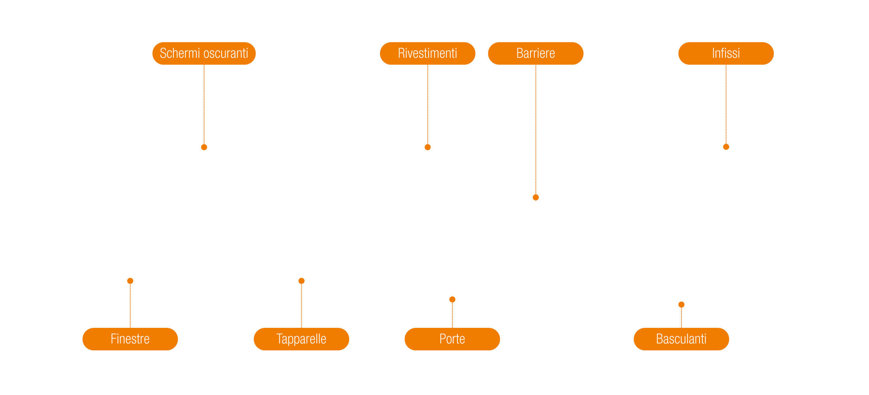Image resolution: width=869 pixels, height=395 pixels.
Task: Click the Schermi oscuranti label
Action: [x=204, y=53]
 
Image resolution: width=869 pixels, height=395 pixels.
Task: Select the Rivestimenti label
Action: [x=427, y=53]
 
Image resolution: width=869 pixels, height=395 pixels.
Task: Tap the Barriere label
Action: [x=536, y=53]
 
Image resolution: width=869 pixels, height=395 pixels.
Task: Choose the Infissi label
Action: [x=726, y=53]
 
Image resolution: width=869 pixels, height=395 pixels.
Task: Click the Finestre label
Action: [x=130, y=339]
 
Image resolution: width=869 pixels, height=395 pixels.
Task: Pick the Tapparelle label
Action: [x=301, y=339]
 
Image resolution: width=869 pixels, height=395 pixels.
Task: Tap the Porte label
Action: [x=452, y=339]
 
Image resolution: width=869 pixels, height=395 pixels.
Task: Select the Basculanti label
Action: [x=681, y=339]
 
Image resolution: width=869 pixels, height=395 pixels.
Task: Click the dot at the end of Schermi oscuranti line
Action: [x=204, y=147]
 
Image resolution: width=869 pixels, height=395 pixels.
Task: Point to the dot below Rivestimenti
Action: [x=428, y=147]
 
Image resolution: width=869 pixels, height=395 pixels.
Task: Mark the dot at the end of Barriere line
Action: [x=536, y=197]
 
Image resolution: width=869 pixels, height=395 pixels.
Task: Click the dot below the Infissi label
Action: [x=726, y=147]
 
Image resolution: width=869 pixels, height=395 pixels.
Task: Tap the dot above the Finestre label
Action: [x=130, y=281]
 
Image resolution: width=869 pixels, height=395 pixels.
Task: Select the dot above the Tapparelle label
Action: [x=301, y=281]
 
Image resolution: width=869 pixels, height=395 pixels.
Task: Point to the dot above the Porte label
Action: [x=452, y=299]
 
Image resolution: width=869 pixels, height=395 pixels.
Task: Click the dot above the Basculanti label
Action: [x=681, y=305]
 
